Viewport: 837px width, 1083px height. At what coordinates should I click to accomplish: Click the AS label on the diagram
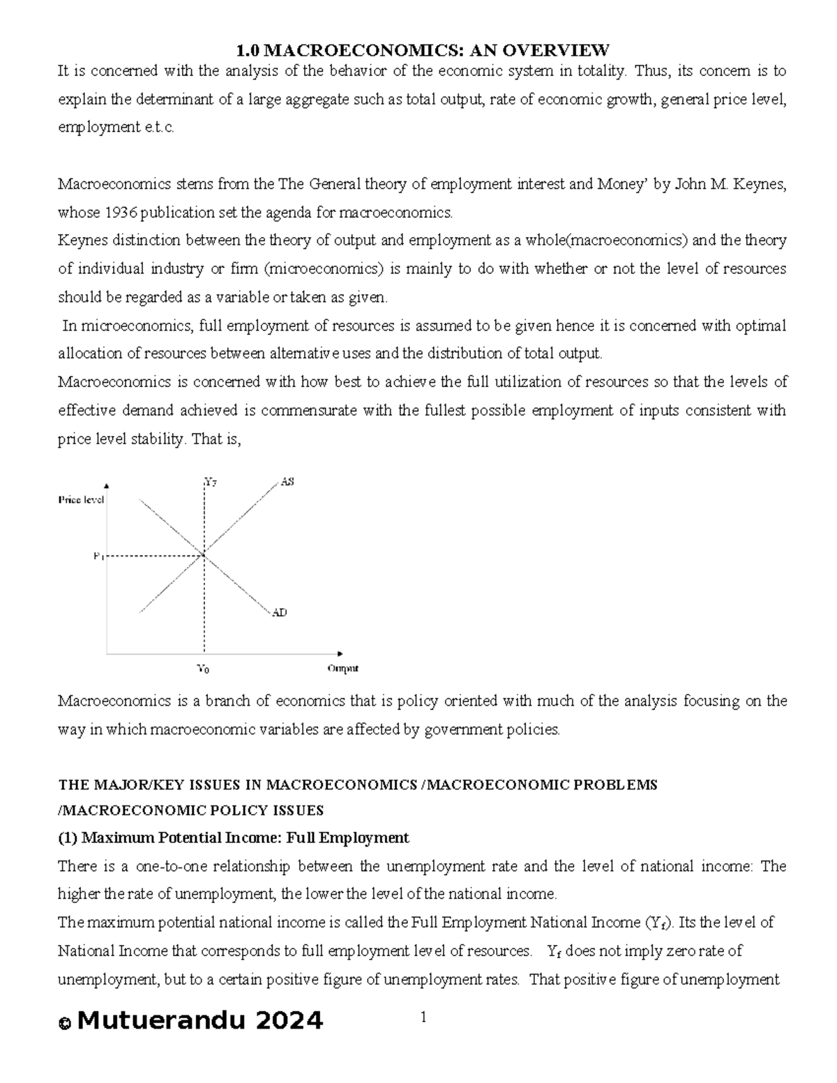pyautogui.click(x=287, y=482)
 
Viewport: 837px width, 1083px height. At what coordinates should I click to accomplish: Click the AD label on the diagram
pyautogui.click(x=279, y=612)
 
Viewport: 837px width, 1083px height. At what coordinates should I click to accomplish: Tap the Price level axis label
pyautogui.click(x=81, y=500)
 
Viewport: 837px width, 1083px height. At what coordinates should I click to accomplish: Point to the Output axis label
pyautogui.click(x=342, y=668)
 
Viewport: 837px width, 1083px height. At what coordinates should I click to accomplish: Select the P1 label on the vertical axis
pyautogui.click(x=98, y=556)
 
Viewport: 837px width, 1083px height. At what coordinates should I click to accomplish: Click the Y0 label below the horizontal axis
pyautogui.click(x=203, y=669)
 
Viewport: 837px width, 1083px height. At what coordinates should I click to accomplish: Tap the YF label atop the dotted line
pyautogui.click(x=210, y=481)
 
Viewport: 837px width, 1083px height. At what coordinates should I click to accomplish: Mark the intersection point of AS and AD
pyautogui.click(x=204, y=555)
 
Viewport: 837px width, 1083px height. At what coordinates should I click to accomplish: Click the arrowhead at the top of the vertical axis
pyautogui.click(x=106, y=485)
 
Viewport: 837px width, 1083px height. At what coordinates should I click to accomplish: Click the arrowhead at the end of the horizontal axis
pyautogui.click(x=340, y=653)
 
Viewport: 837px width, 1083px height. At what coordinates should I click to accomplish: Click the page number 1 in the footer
pyautogui.click(x=422, y=1017)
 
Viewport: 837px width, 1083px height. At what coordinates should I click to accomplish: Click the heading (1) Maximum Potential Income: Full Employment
pyautogui.click(x=233, y=838)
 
